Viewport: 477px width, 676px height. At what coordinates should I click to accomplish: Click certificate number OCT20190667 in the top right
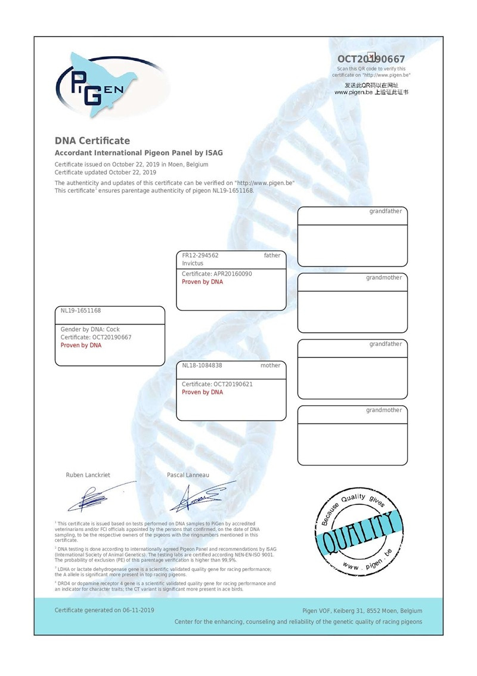point(371,59)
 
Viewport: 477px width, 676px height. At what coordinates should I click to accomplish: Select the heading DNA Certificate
point(92,141)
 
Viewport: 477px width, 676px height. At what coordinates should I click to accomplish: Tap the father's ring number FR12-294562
point(200,255)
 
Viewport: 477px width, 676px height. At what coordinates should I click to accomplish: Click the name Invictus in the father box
point(193,263)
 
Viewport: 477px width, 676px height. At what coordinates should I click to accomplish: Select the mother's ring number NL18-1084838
point(202,365)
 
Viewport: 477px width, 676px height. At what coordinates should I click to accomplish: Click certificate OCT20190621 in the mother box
point(217,384)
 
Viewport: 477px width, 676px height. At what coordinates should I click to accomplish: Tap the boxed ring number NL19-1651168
point(81,311)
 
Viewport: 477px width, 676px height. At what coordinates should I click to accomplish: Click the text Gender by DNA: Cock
point(90,329)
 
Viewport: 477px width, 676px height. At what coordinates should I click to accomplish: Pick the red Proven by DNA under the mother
point(202,393)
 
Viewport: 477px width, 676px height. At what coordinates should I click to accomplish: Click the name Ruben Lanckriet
point(88,475)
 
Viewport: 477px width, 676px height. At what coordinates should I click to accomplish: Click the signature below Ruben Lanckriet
point(98,496)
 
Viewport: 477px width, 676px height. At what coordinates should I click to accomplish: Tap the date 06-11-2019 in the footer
point(138,610)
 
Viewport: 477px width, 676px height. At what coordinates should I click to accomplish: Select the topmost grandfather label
point(385,211)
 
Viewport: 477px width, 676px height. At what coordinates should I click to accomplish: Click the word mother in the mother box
point(270,365)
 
